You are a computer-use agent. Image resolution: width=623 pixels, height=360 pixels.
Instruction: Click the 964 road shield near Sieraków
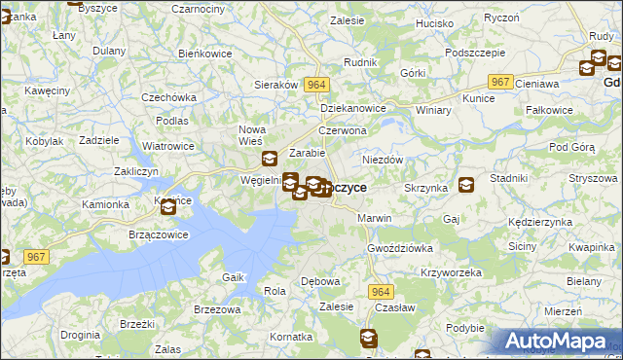pos(315,85)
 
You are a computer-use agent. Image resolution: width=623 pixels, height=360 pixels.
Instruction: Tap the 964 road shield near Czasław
pos(380,291)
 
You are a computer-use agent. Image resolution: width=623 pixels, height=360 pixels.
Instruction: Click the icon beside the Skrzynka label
pos(467,185)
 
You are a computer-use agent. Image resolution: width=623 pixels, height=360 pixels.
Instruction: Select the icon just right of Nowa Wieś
pos(270,160)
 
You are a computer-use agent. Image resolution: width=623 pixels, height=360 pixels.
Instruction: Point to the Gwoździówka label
pos(400,248)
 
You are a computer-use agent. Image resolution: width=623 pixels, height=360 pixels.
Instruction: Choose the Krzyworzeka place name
pos(451,272)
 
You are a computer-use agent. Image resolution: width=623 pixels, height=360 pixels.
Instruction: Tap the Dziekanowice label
pos(353,109)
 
